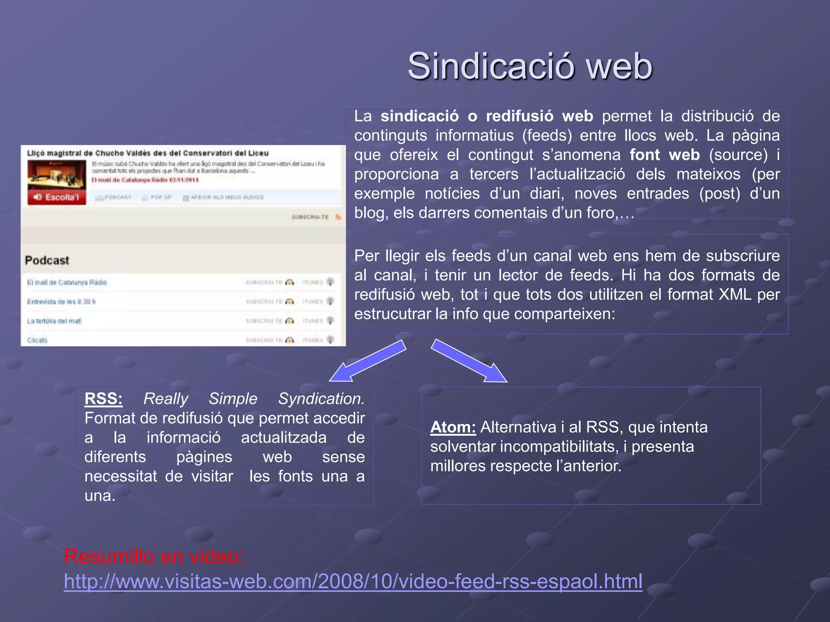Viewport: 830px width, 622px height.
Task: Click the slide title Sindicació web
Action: point(530,66)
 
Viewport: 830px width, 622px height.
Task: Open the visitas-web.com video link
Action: point(353,582)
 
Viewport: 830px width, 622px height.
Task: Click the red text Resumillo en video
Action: point(154,556)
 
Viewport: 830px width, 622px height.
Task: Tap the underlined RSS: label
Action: point(103,399)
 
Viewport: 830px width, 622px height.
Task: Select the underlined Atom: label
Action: point(453,427)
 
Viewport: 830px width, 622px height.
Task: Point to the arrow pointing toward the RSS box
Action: point(367,361)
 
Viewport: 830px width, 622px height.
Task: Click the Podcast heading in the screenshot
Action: point(47,260)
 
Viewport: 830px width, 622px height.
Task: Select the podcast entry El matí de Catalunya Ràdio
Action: point(67,282)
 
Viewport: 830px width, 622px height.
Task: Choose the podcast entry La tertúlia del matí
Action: point(54,321)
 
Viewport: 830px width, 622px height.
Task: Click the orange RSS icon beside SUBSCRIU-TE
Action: point(338,217)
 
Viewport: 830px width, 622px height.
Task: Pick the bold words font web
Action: point(665,155)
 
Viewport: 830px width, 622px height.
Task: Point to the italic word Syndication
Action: point(321,399)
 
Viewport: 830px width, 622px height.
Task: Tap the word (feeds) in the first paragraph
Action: point(547,135)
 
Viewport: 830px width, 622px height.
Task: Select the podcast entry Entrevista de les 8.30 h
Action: point(61,302)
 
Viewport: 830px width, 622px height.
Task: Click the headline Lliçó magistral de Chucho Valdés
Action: point(148,153)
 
